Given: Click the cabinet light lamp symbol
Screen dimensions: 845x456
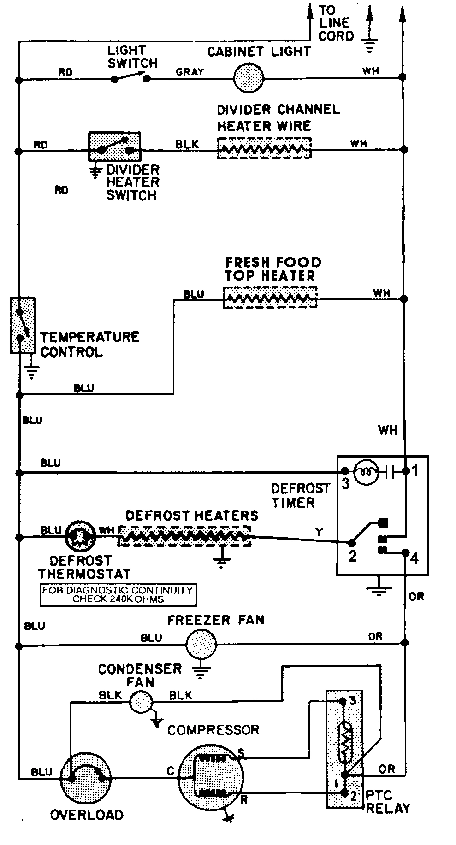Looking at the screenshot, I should click(x=248, y=78).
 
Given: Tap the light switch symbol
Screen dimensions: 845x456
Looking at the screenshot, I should click(x=130, y=78).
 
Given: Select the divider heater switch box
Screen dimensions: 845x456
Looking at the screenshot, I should click(x=114, y=147).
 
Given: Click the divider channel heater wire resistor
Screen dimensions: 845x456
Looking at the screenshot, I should click(x=264, y=148).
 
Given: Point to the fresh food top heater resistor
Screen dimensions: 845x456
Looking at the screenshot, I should click(x=270, y=298).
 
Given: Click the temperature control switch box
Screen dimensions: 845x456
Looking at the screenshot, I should click(x=23, y=325).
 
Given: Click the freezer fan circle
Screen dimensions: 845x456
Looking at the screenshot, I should click(x=201, y=644).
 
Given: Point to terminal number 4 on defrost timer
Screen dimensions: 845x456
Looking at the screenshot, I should click(x=414, y=558).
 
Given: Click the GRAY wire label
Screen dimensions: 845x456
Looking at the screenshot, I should click(x=190, y=72).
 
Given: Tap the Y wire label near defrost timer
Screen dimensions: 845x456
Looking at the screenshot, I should click(x=319, y=533).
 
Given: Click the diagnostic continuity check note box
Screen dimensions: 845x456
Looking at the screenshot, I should click(x=118, y=594).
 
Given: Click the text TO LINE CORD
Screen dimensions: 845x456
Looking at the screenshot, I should click(x=336, y=23).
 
